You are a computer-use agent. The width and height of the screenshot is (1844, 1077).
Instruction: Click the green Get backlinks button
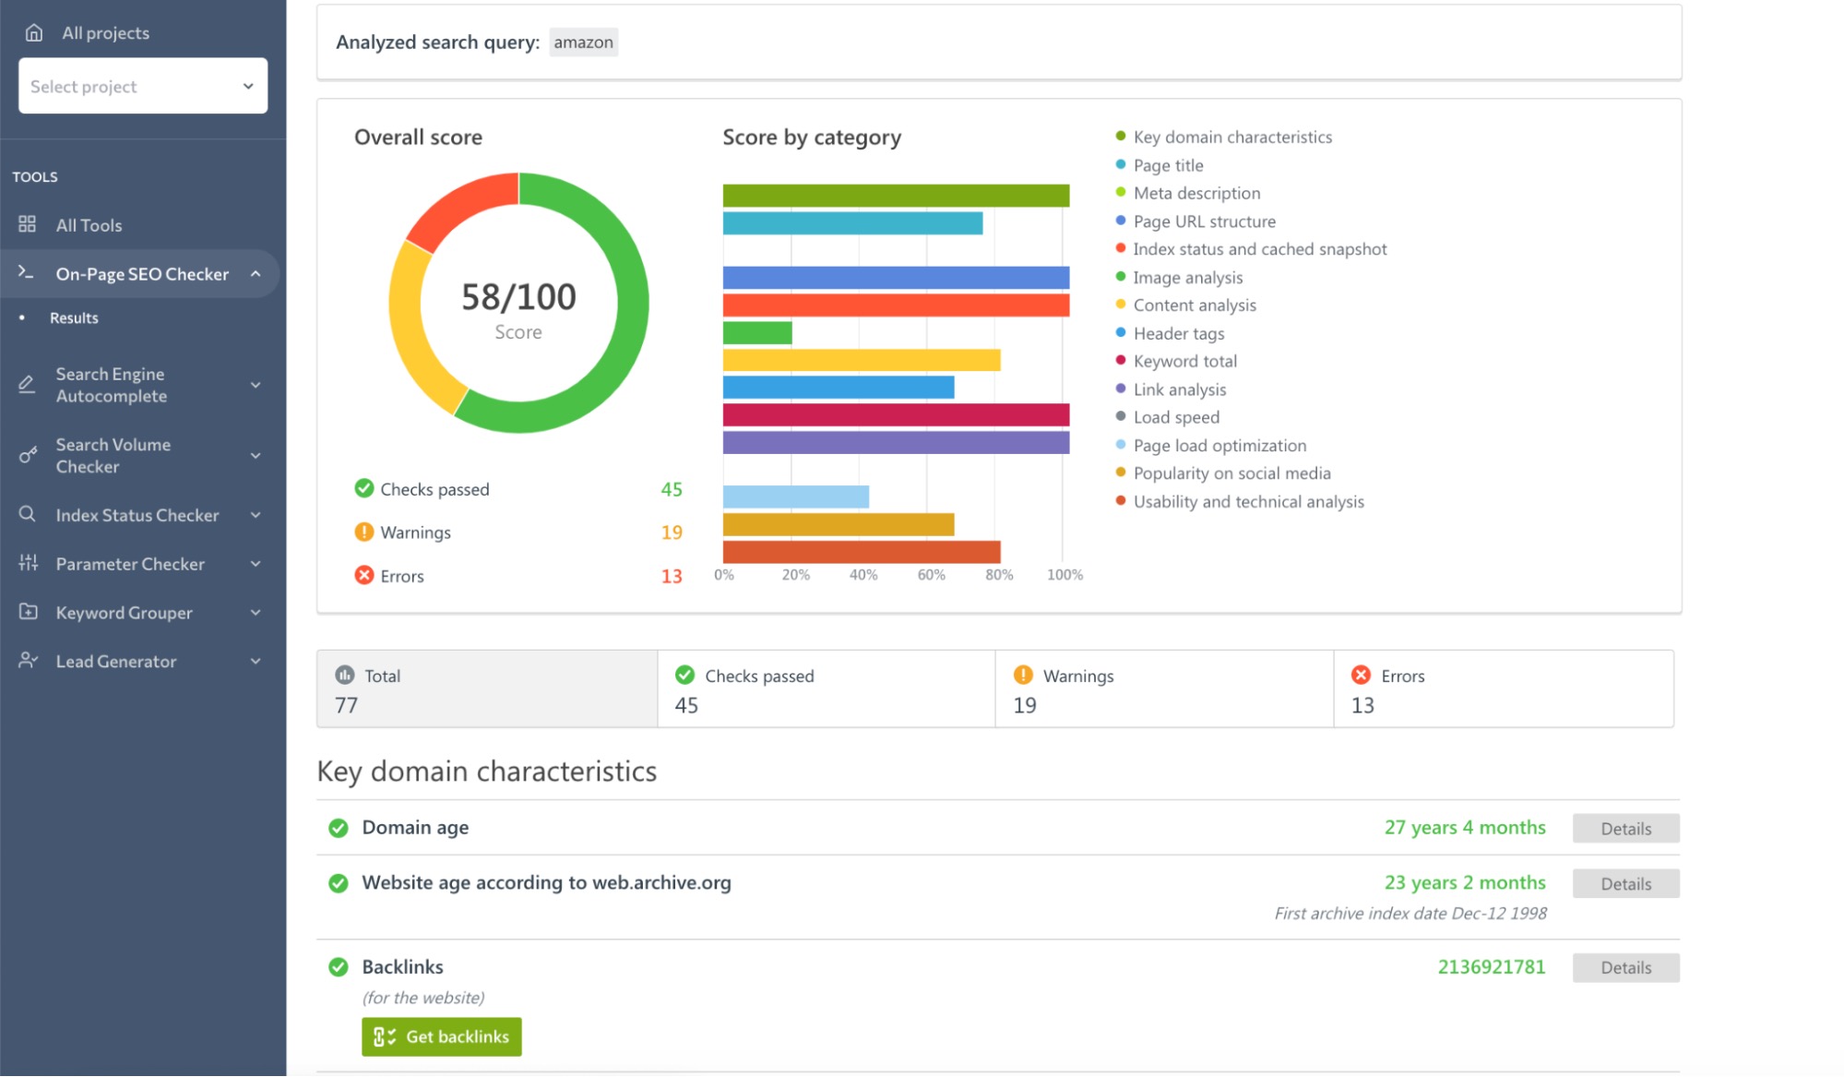[x=441, y=1036]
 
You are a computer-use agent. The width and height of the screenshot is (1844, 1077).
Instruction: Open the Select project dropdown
[x=143, y=86]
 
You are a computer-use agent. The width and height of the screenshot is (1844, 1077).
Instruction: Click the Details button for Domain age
[x=1625, y=828]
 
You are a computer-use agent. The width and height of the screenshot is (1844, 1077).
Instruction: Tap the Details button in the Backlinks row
[x=1625, y=967]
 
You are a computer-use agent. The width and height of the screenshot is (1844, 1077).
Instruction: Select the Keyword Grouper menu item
[x=124, y=613]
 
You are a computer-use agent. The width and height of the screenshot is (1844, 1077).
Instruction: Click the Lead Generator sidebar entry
[x=115, y=662]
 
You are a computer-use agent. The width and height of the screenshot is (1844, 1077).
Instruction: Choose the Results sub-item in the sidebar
[x=74, y=317]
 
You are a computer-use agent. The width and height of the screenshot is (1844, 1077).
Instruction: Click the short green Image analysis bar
[x=756, y=332]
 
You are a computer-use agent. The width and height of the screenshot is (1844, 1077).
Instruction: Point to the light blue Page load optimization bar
[x=795, y=497]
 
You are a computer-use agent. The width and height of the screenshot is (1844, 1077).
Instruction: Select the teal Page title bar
[x=851, y=223]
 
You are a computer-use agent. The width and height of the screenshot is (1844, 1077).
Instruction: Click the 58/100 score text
[x=518, y=297]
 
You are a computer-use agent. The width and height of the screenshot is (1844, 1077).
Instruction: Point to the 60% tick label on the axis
[x=931, y=575]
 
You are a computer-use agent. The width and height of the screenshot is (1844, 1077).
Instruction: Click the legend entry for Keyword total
[x=1184, y=361]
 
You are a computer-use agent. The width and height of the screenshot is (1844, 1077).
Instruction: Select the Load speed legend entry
[x=1175, y=417]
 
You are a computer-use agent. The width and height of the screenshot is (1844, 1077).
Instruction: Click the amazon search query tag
[x=583, y=42]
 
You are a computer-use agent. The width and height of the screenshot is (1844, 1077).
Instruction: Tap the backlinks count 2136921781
[x=1491, y=967]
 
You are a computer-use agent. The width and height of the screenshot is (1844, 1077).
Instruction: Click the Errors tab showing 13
[x=1503, y=689]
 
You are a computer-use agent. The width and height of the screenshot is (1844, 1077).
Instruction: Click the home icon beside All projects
[x=34, y=33]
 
